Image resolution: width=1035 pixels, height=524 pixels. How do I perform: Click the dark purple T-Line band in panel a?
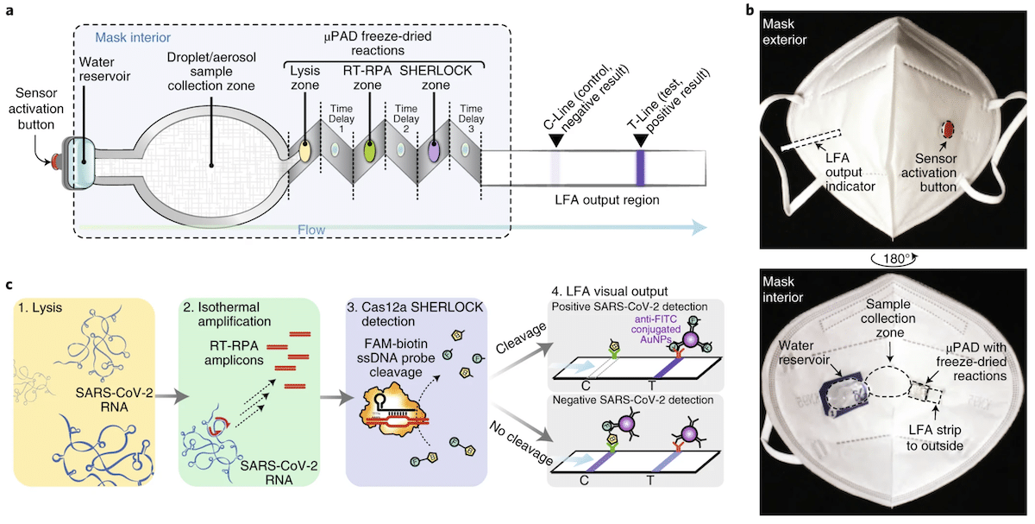(x=640, y=164)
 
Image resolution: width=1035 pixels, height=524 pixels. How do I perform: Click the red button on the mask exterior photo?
(x=945, y=129)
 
